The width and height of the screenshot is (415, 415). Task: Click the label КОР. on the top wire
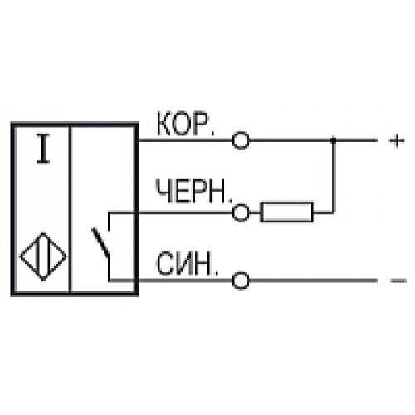coord(185,124)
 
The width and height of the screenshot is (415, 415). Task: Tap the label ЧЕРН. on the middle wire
coord(194,191)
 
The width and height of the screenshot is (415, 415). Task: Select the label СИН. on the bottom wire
coord(188,263)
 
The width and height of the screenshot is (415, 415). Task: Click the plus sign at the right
coord(397,141)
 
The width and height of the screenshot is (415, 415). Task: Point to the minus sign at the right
coord(398,281)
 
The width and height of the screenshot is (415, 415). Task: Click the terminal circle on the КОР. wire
coord(241,140)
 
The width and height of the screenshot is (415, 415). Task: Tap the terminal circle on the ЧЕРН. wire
coord(241,213)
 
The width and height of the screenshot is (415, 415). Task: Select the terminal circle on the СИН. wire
coord(241,281)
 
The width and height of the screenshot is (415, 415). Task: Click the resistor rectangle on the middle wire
coord(287,212)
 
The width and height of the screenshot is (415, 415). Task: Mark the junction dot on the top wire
coord(334,140)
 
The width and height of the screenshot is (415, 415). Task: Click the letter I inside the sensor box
coord(43,149)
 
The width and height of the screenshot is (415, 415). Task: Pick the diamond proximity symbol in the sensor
coord(43,256)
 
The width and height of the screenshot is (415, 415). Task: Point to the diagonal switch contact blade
coord(100,242)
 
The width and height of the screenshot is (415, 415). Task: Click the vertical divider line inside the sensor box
coord(71,208)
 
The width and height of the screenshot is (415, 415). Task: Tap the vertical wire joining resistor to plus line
coord(334,177)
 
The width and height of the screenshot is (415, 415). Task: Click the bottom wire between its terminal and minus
coord(313,281)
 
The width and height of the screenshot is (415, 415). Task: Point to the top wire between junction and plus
coord(355,140)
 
